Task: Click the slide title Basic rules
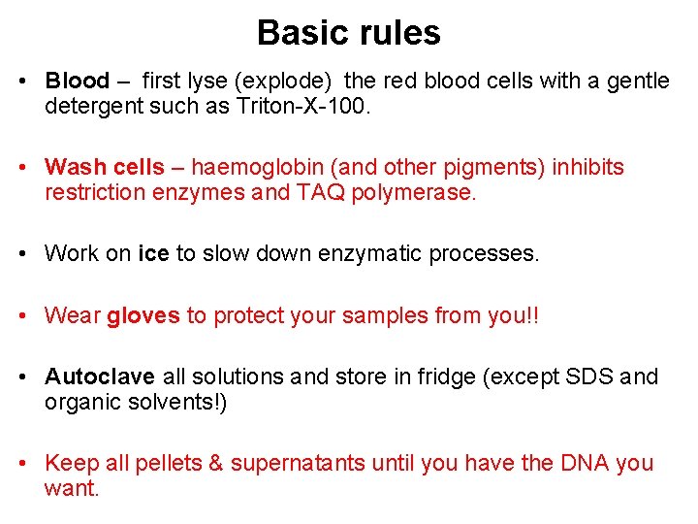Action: tap(348, 33)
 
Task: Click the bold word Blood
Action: tap(78, 81)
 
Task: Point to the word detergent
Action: tap(89, 106)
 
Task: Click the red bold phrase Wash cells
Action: tap(105, 167)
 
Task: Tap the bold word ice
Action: tap(153, 254)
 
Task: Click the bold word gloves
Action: tap(143, 315)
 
